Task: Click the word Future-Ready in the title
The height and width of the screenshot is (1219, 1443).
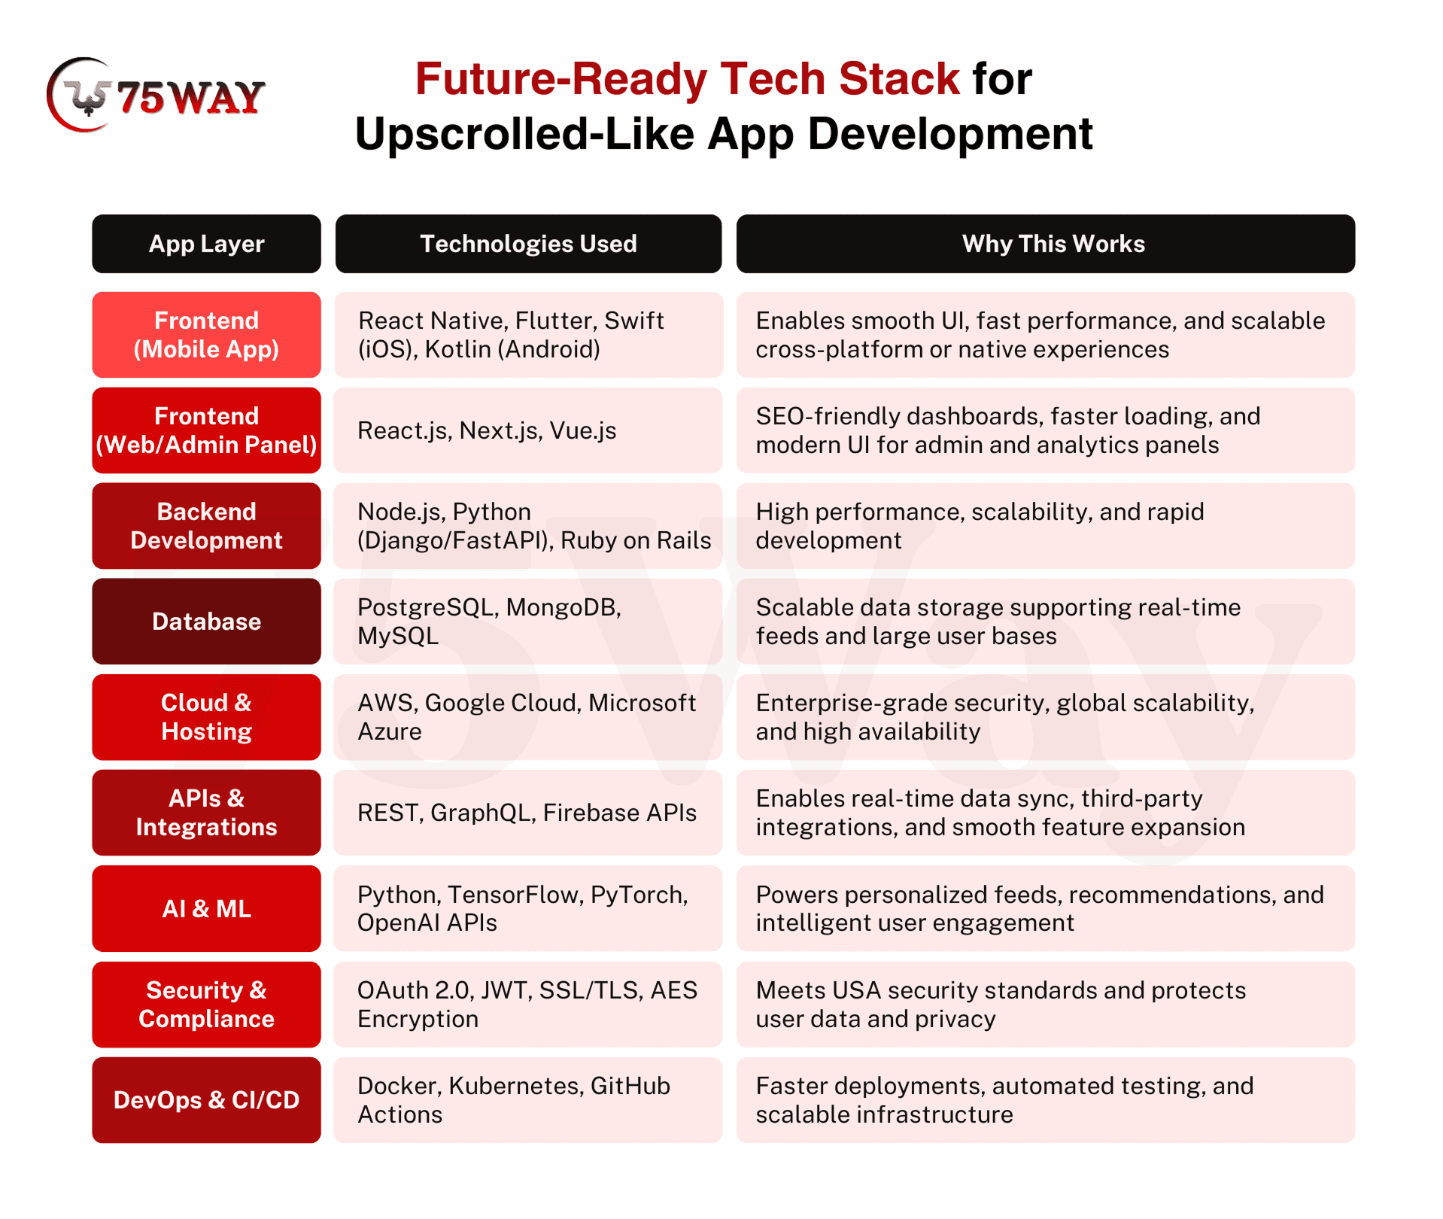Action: coord(560,79)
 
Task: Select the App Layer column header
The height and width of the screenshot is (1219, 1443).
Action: coord(206,244)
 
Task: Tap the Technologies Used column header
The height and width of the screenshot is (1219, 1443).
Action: coord(528,244)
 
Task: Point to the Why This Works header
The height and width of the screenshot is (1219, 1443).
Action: coord(1046,244)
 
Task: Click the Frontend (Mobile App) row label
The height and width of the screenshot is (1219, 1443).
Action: coord(206,335)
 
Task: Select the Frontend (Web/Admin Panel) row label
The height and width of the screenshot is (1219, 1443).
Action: coord(206,430)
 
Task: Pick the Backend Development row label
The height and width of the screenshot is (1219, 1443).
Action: coord(206,526)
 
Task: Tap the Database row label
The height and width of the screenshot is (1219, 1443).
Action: coord(206,622)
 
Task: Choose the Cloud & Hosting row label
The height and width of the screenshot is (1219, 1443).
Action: coord(206,717)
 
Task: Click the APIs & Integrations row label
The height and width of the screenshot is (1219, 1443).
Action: coord(206,813)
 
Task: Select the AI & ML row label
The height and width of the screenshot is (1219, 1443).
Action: coord(206,909)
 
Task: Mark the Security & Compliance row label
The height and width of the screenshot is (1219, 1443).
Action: coord(206,1005)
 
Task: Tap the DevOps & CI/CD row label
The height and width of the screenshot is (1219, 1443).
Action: coord(206,1100)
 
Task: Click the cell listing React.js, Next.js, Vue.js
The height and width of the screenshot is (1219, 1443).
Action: coord(528,430)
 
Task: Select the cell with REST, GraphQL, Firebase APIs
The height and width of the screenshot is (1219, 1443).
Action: coord(528,813)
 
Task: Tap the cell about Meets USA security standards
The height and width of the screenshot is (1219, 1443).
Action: coord(1046,1005)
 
